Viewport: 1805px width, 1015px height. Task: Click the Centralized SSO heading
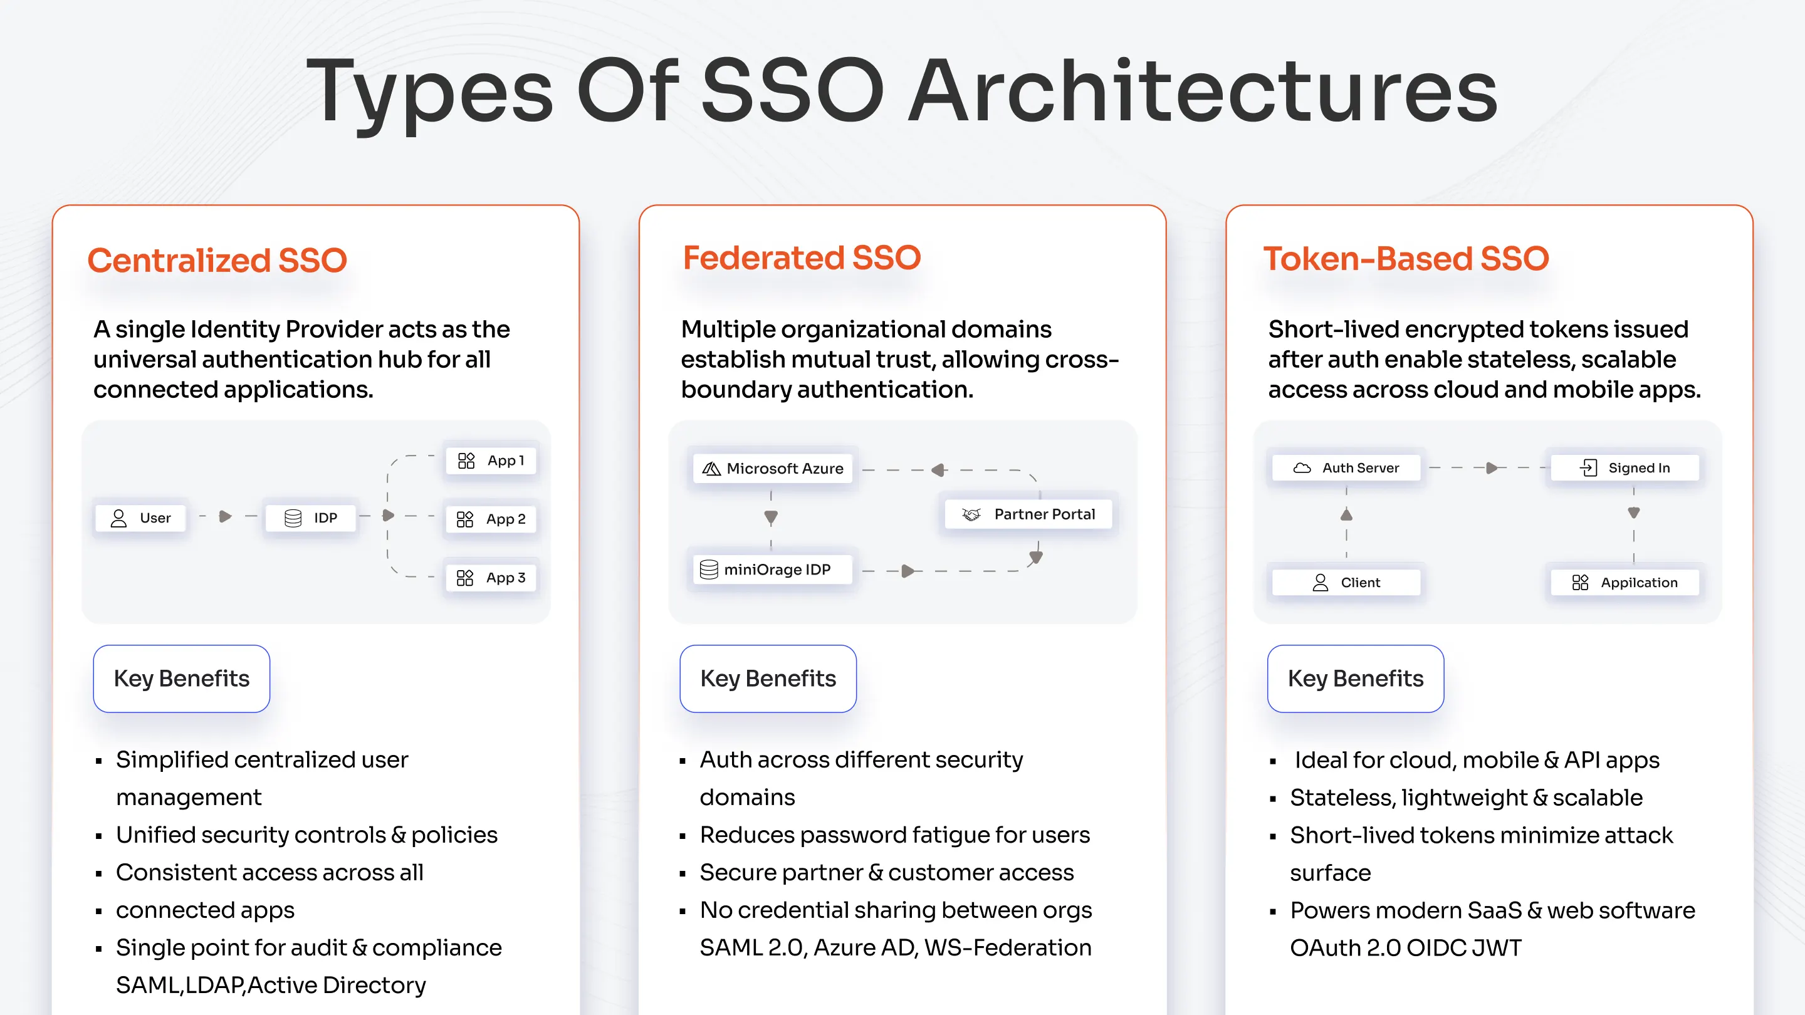217,261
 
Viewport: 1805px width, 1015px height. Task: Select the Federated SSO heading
802,258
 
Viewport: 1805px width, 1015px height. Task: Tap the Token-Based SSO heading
1406,259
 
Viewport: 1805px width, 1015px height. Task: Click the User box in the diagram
141,518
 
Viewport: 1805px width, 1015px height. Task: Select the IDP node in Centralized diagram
310,518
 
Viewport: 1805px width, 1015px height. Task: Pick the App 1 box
491,461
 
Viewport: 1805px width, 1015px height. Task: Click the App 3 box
491,578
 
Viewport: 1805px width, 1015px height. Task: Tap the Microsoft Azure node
773,468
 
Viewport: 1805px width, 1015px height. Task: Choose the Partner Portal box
1028,514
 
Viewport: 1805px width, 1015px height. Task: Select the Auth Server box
1346,467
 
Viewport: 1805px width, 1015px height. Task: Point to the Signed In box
1625,467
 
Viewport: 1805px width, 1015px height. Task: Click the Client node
1346,582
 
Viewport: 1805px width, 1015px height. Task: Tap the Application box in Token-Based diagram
1625,582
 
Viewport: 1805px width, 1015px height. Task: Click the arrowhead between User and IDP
225,517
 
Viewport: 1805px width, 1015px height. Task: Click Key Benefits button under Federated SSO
768,678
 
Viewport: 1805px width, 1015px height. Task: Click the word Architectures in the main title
1203,91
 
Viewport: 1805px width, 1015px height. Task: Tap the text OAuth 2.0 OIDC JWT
1406,948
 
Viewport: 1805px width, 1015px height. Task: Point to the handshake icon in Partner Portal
971,514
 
